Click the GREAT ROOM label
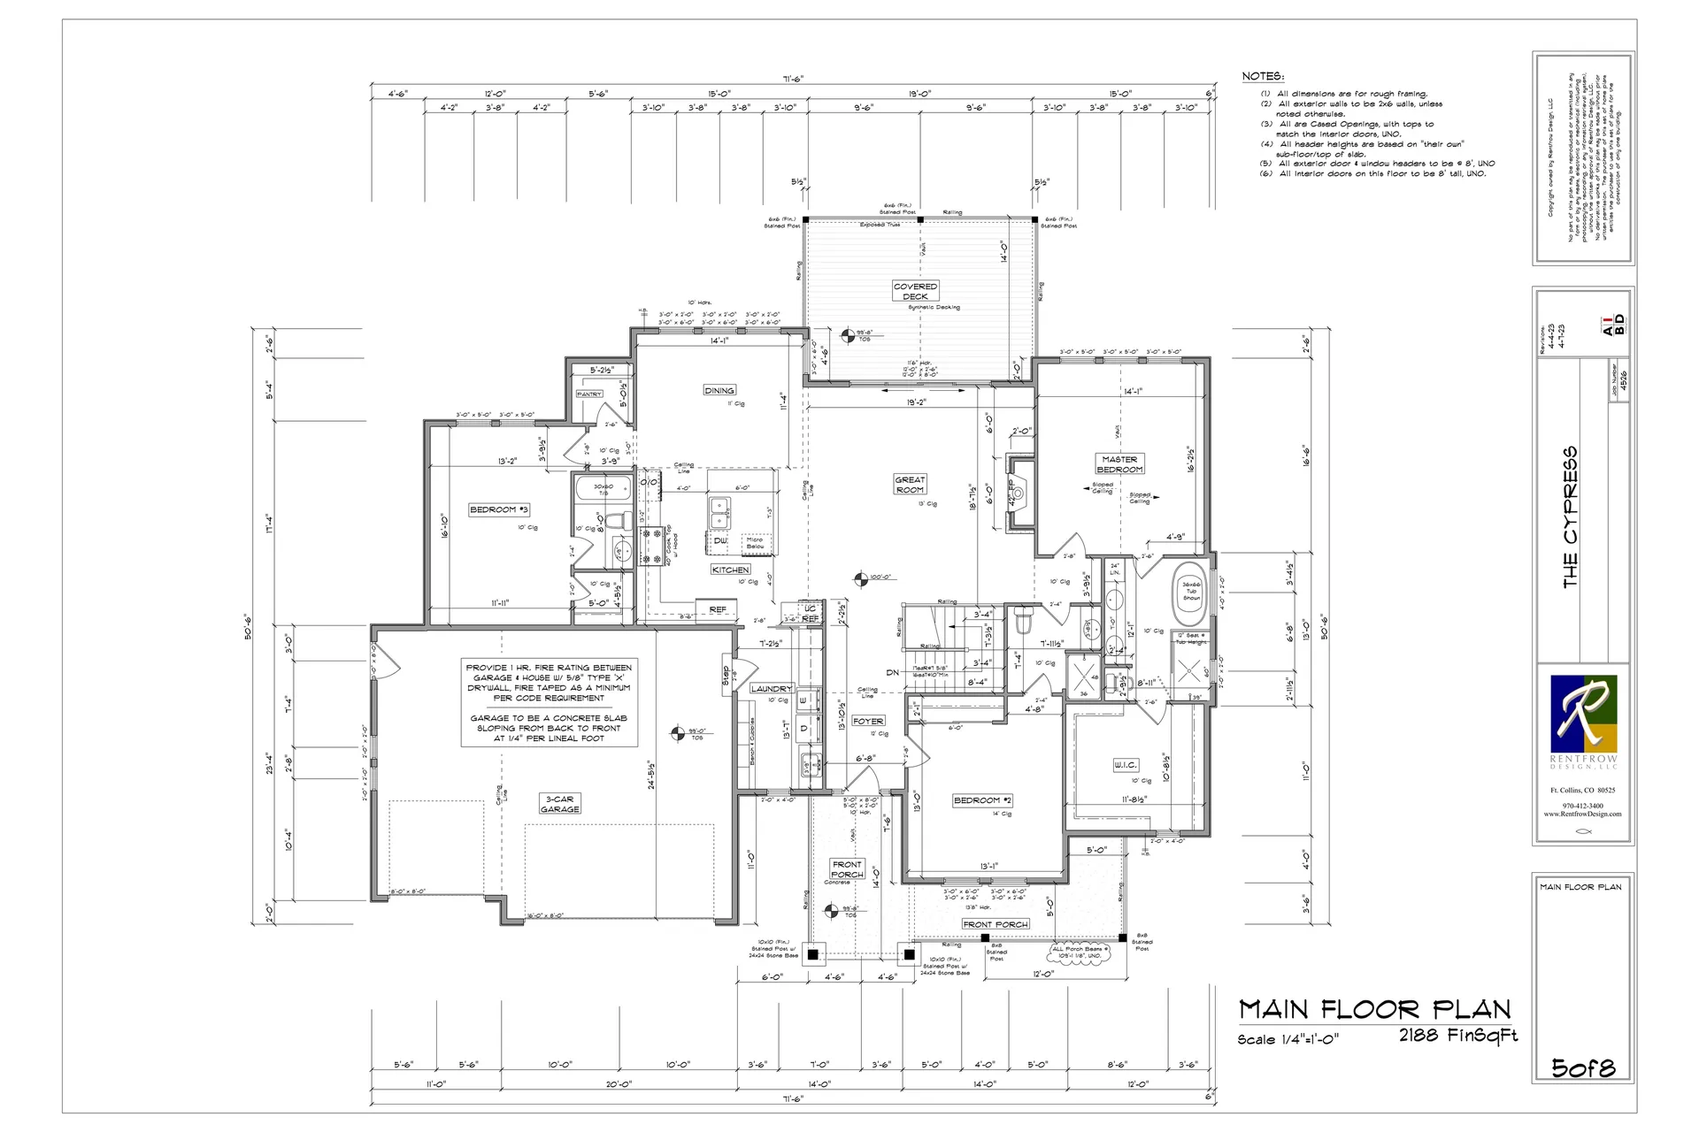(x=910, y=485)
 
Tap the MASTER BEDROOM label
(x=1119, y=464)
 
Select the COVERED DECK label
(x=915, y=291)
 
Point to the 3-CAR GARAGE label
(x=560, y=803)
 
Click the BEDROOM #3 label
(x=499, y=509)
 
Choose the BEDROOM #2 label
(x=982, y=799)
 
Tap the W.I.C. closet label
(x=1125, y=764)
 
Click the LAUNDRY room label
(x=771, y=688)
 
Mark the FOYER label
(x=868, y=721)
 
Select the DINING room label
(x=719, y=390)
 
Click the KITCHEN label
(x=731, y=570)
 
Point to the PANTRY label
(x=589, y=394)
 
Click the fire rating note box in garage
(x=549, y=702)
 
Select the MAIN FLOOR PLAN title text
(x=1374, y=1009)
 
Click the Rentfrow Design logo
(x=1583, y=714)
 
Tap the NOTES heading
(x=1263, y=77)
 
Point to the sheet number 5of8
(x=1583, y=1067)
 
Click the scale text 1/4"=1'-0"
(x=1288, y=1039)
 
